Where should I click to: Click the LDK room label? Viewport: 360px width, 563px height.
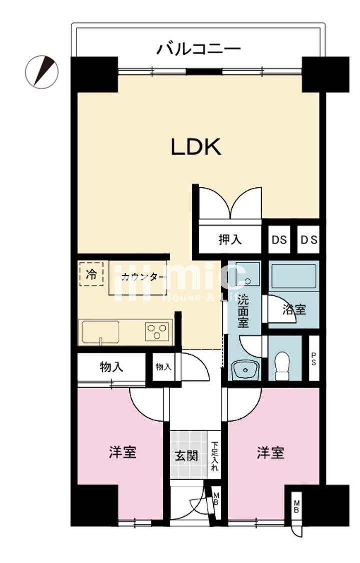point(196,147)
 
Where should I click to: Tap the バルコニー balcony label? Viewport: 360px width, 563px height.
point(198,49)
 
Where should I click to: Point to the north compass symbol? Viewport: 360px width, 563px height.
point(42,72)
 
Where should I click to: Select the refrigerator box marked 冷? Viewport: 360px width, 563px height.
point(91,274)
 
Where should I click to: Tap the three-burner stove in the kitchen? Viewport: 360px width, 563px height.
point(157,331)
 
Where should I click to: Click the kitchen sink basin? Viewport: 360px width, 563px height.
point(101,332)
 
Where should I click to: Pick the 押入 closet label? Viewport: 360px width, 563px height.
point(230,239)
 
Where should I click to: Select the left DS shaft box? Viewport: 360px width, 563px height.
point(279,239)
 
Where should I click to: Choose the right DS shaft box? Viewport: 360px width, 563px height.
point(308,239)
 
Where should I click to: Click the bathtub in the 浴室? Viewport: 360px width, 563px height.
point(294,276)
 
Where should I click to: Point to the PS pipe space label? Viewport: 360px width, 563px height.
point(314,359)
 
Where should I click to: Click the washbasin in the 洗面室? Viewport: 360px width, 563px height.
point(245,369)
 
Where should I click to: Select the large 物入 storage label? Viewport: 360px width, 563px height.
point(112,367)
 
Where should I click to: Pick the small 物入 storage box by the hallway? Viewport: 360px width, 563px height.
point(164,367)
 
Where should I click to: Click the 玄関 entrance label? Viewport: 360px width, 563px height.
point(186,456)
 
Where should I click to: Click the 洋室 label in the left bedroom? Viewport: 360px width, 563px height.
point(123,452)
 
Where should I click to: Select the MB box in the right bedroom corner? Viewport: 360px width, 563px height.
point(297,506)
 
